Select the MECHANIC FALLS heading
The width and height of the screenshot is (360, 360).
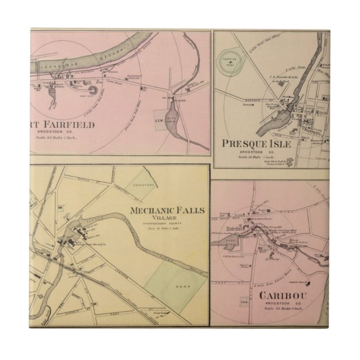(x=167, y=211)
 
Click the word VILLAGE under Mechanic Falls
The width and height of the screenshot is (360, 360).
(x=168, y=220)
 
